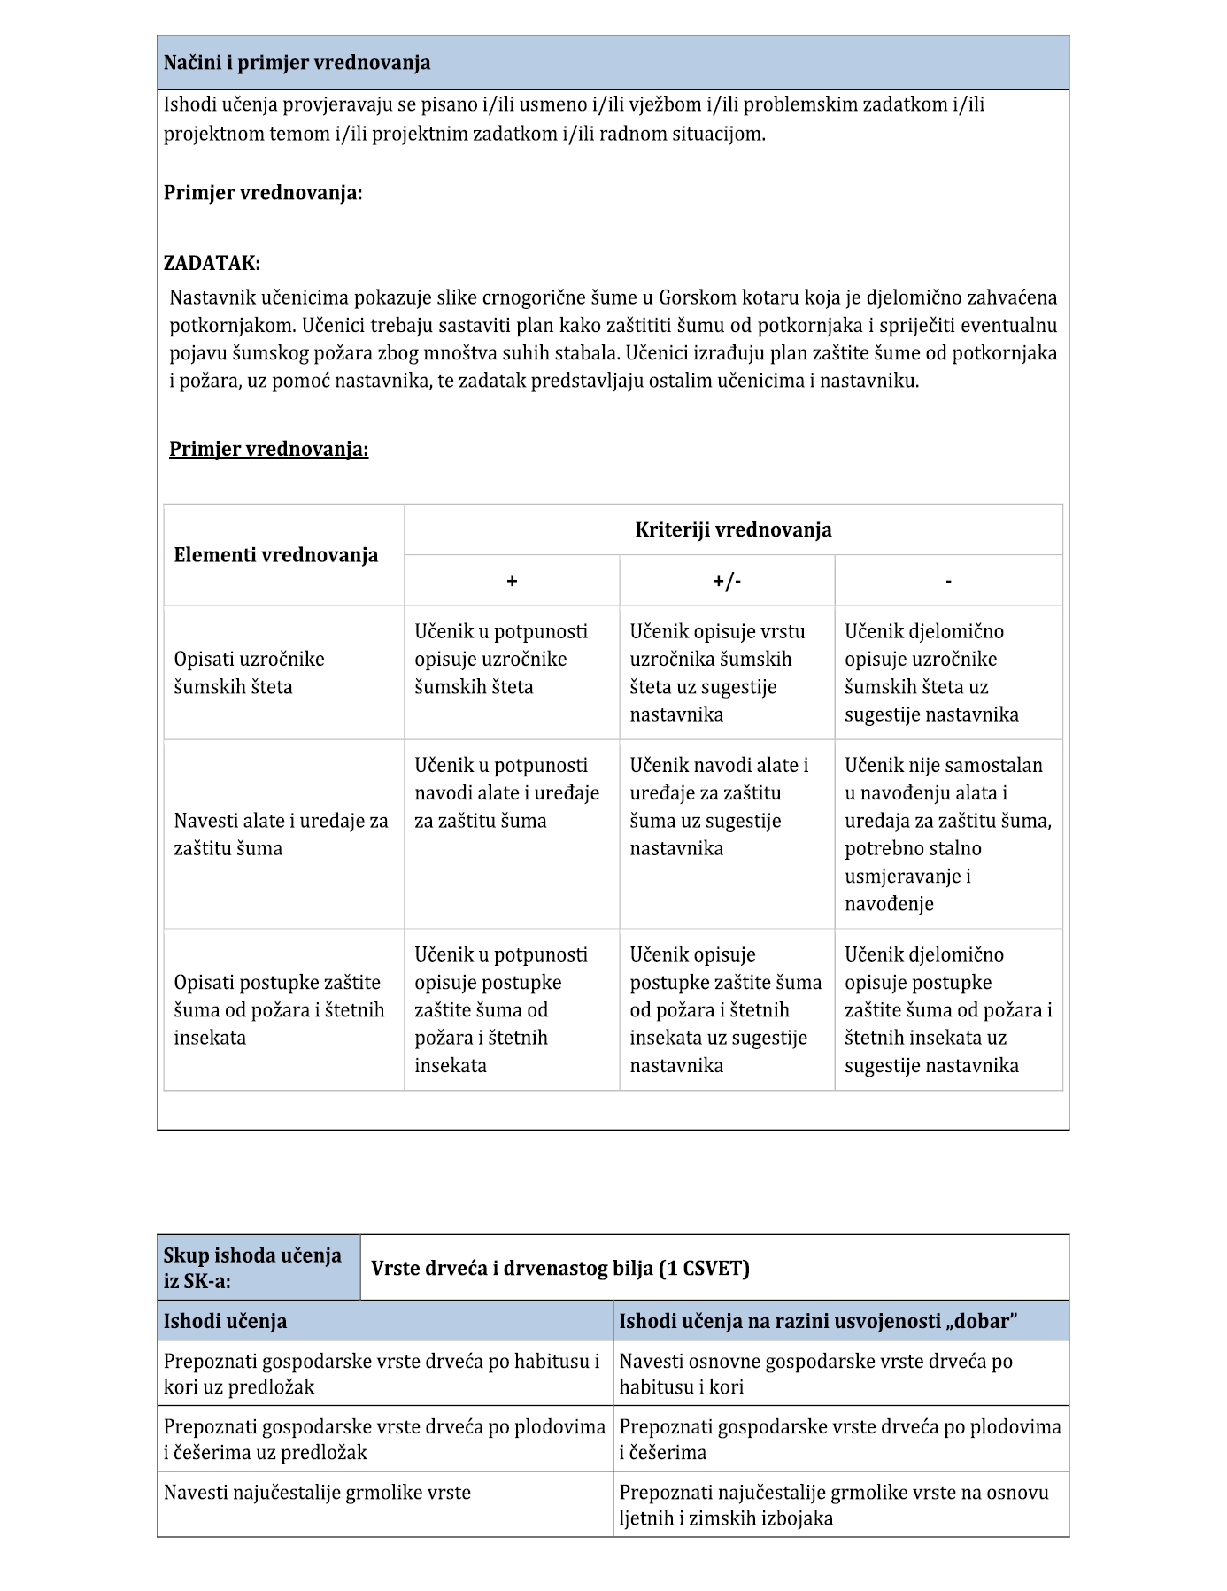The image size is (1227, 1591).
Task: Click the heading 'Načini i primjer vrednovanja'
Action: coord(297,63)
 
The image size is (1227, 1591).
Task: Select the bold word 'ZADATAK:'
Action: coord(212,263)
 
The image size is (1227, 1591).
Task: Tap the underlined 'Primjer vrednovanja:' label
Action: coord(268,449)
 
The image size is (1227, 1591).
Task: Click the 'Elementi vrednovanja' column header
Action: coord(275,555)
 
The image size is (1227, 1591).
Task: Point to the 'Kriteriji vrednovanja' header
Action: coord(733,529)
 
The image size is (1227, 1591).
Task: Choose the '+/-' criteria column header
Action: coord(727,581)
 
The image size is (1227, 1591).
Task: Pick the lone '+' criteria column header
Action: coord(512,581)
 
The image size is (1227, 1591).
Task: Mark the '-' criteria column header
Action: coord(948,581)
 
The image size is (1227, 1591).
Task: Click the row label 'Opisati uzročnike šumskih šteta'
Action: coord(249,673)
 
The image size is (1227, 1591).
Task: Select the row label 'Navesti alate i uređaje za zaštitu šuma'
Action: coord(281,834)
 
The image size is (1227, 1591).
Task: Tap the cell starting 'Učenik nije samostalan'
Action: coord(947,833)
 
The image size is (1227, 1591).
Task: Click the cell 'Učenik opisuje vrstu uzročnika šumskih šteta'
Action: coord(718,673)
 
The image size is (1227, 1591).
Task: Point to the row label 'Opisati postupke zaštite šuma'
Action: coord(279,1009)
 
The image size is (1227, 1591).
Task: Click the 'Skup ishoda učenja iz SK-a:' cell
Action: coord(252,1267)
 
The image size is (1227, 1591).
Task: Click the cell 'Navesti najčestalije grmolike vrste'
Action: coord(317,1492)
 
